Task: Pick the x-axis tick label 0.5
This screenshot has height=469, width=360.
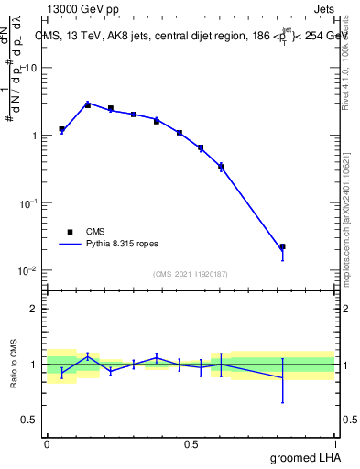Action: click(x=191, y=444)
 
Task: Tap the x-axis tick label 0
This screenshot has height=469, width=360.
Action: click(x=47, y=444)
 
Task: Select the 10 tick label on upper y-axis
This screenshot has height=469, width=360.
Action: click(x=31, y=68)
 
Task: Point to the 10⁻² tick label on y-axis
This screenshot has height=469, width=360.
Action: click(x=28, y=270)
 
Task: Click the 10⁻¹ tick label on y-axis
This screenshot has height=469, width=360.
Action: click(x=28, y=202)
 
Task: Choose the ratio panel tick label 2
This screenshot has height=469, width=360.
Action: click(x=34, y=309)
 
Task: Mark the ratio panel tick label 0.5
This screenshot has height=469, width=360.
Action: click(x=29, y=420)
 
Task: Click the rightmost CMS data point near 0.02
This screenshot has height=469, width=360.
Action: click(x=283, y=247)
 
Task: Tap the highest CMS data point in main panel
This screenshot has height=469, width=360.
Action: click(x=88, y=104)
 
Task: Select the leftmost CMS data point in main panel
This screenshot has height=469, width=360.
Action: click(x=61, y=129)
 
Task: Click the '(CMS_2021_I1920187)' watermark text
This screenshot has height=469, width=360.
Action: click(x=191, y=274)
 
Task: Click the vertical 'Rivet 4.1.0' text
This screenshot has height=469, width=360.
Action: click(x=349, y=64)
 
